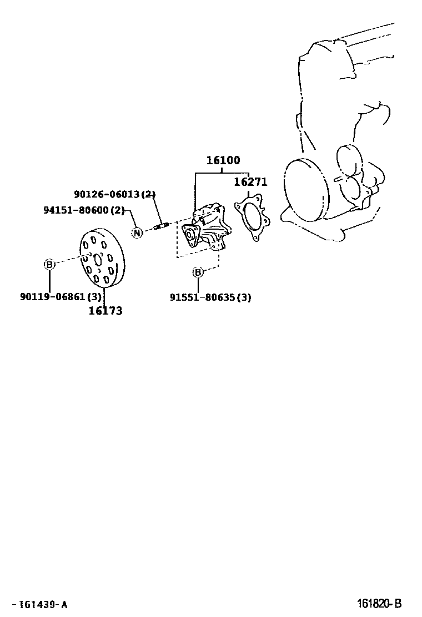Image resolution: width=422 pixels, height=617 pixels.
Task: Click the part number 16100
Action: pos(223,161)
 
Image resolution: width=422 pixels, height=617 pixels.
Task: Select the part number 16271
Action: pos(250,182)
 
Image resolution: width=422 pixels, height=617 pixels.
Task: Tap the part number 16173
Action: pos(105,311)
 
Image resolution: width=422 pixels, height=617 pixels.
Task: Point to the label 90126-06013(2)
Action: pos(115,194)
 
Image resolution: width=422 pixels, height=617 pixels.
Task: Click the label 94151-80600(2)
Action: pos(84,210)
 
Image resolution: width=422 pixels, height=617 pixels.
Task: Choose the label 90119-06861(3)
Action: pos(61,297)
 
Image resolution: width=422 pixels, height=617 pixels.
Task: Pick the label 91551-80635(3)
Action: pos(210,297)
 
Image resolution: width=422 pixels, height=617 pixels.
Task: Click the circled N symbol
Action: pos(137,232)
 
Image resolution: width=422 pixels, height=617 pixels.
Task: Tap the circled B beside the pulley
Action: pos(49,265)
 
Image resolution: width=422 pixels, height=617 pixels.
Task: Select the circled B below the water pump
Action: pos(198,272)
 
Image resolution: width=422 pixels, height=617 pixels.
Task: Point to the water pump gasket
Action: pos(252,218)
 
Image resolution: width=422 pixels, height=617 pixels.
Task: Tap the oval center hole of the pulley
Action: pos(98,259)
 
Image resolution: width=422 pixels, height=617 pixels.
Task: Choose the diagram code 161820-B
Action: pos(379,604)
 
